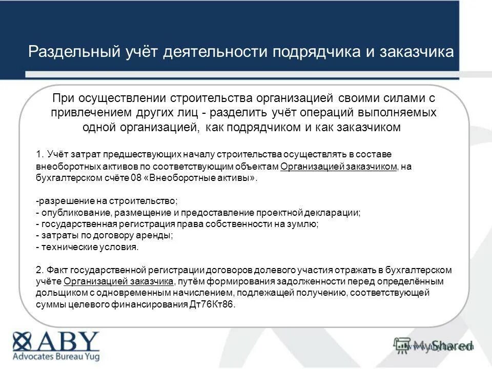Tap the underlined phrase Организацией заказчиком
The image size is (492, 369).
[339, 167]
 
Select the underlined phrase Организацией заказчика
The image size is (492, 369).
[119, 281]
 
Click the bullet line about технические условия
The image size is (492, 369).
[88, 247]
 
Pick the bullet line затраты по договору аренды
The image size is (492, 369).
[105, 235]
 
